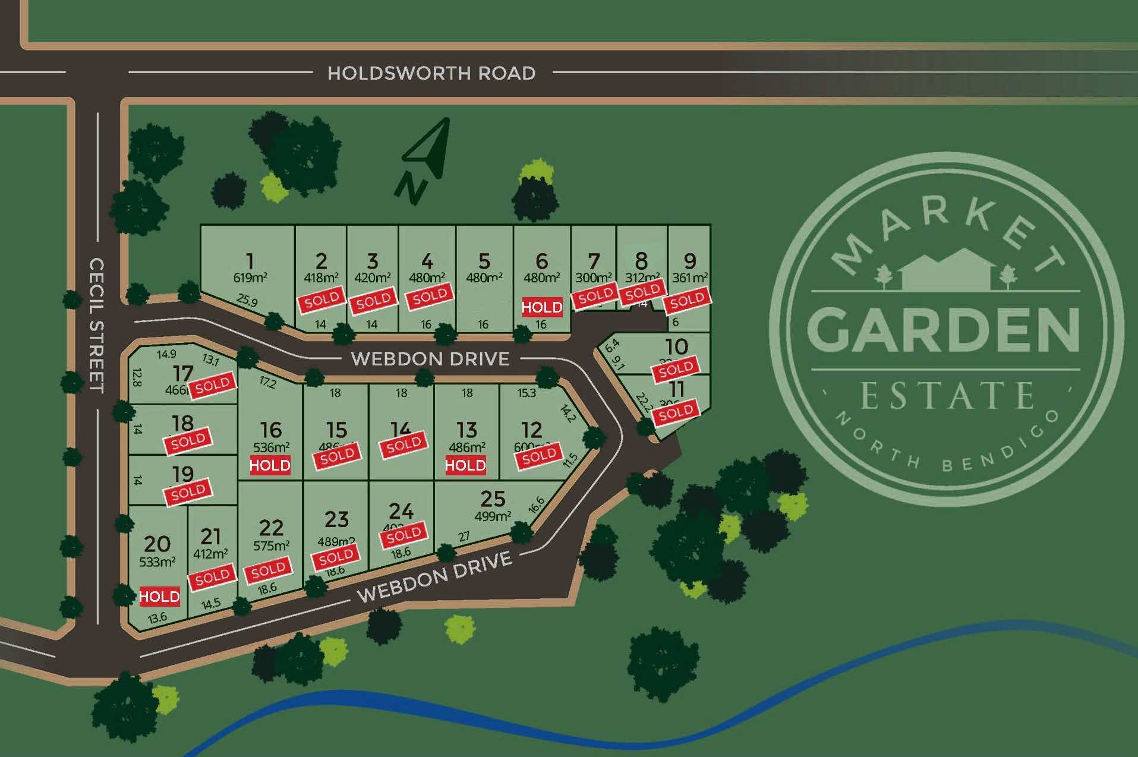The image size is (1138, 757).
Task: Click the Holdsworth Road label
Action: (x=431, y=73)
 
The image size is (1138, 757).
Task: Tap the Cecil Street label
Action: (x=96, y=325)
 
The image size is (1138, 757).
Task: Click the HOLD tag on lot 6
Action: (x=542, y=307)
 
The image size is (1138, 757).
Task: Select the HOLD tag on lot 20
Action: (x=159, y=597)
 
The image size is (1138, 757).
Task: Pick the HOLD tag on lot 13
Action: (x=465, y=465)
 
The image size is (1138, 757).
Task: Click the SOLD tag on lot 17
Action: (x=213, y=385)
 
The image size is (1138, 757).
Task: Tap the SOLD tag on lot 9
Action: (x=688, y=301)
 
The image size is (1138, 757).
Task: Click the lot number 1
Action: (x=250, y=261)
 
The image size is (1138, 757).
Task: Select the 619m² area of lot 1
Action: (x=250, y=277)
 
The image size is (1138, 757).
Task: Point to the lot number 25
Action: (x=493, y=499)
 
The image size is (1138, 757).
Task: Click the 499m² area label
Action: (x=493, y=516)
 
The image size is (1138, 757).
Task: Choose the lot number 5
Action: (x=484, y=261)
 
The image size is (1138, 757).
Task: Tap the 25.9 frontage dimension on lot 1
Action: (x=247, y=301)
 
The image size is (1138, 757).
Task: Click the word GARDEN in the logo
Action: (x=944, y=330)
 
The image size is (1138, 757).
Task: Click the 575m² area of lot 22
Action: (x=271, y=545)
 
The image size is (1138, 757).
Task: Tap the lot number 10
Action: (x=676, y=346)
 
